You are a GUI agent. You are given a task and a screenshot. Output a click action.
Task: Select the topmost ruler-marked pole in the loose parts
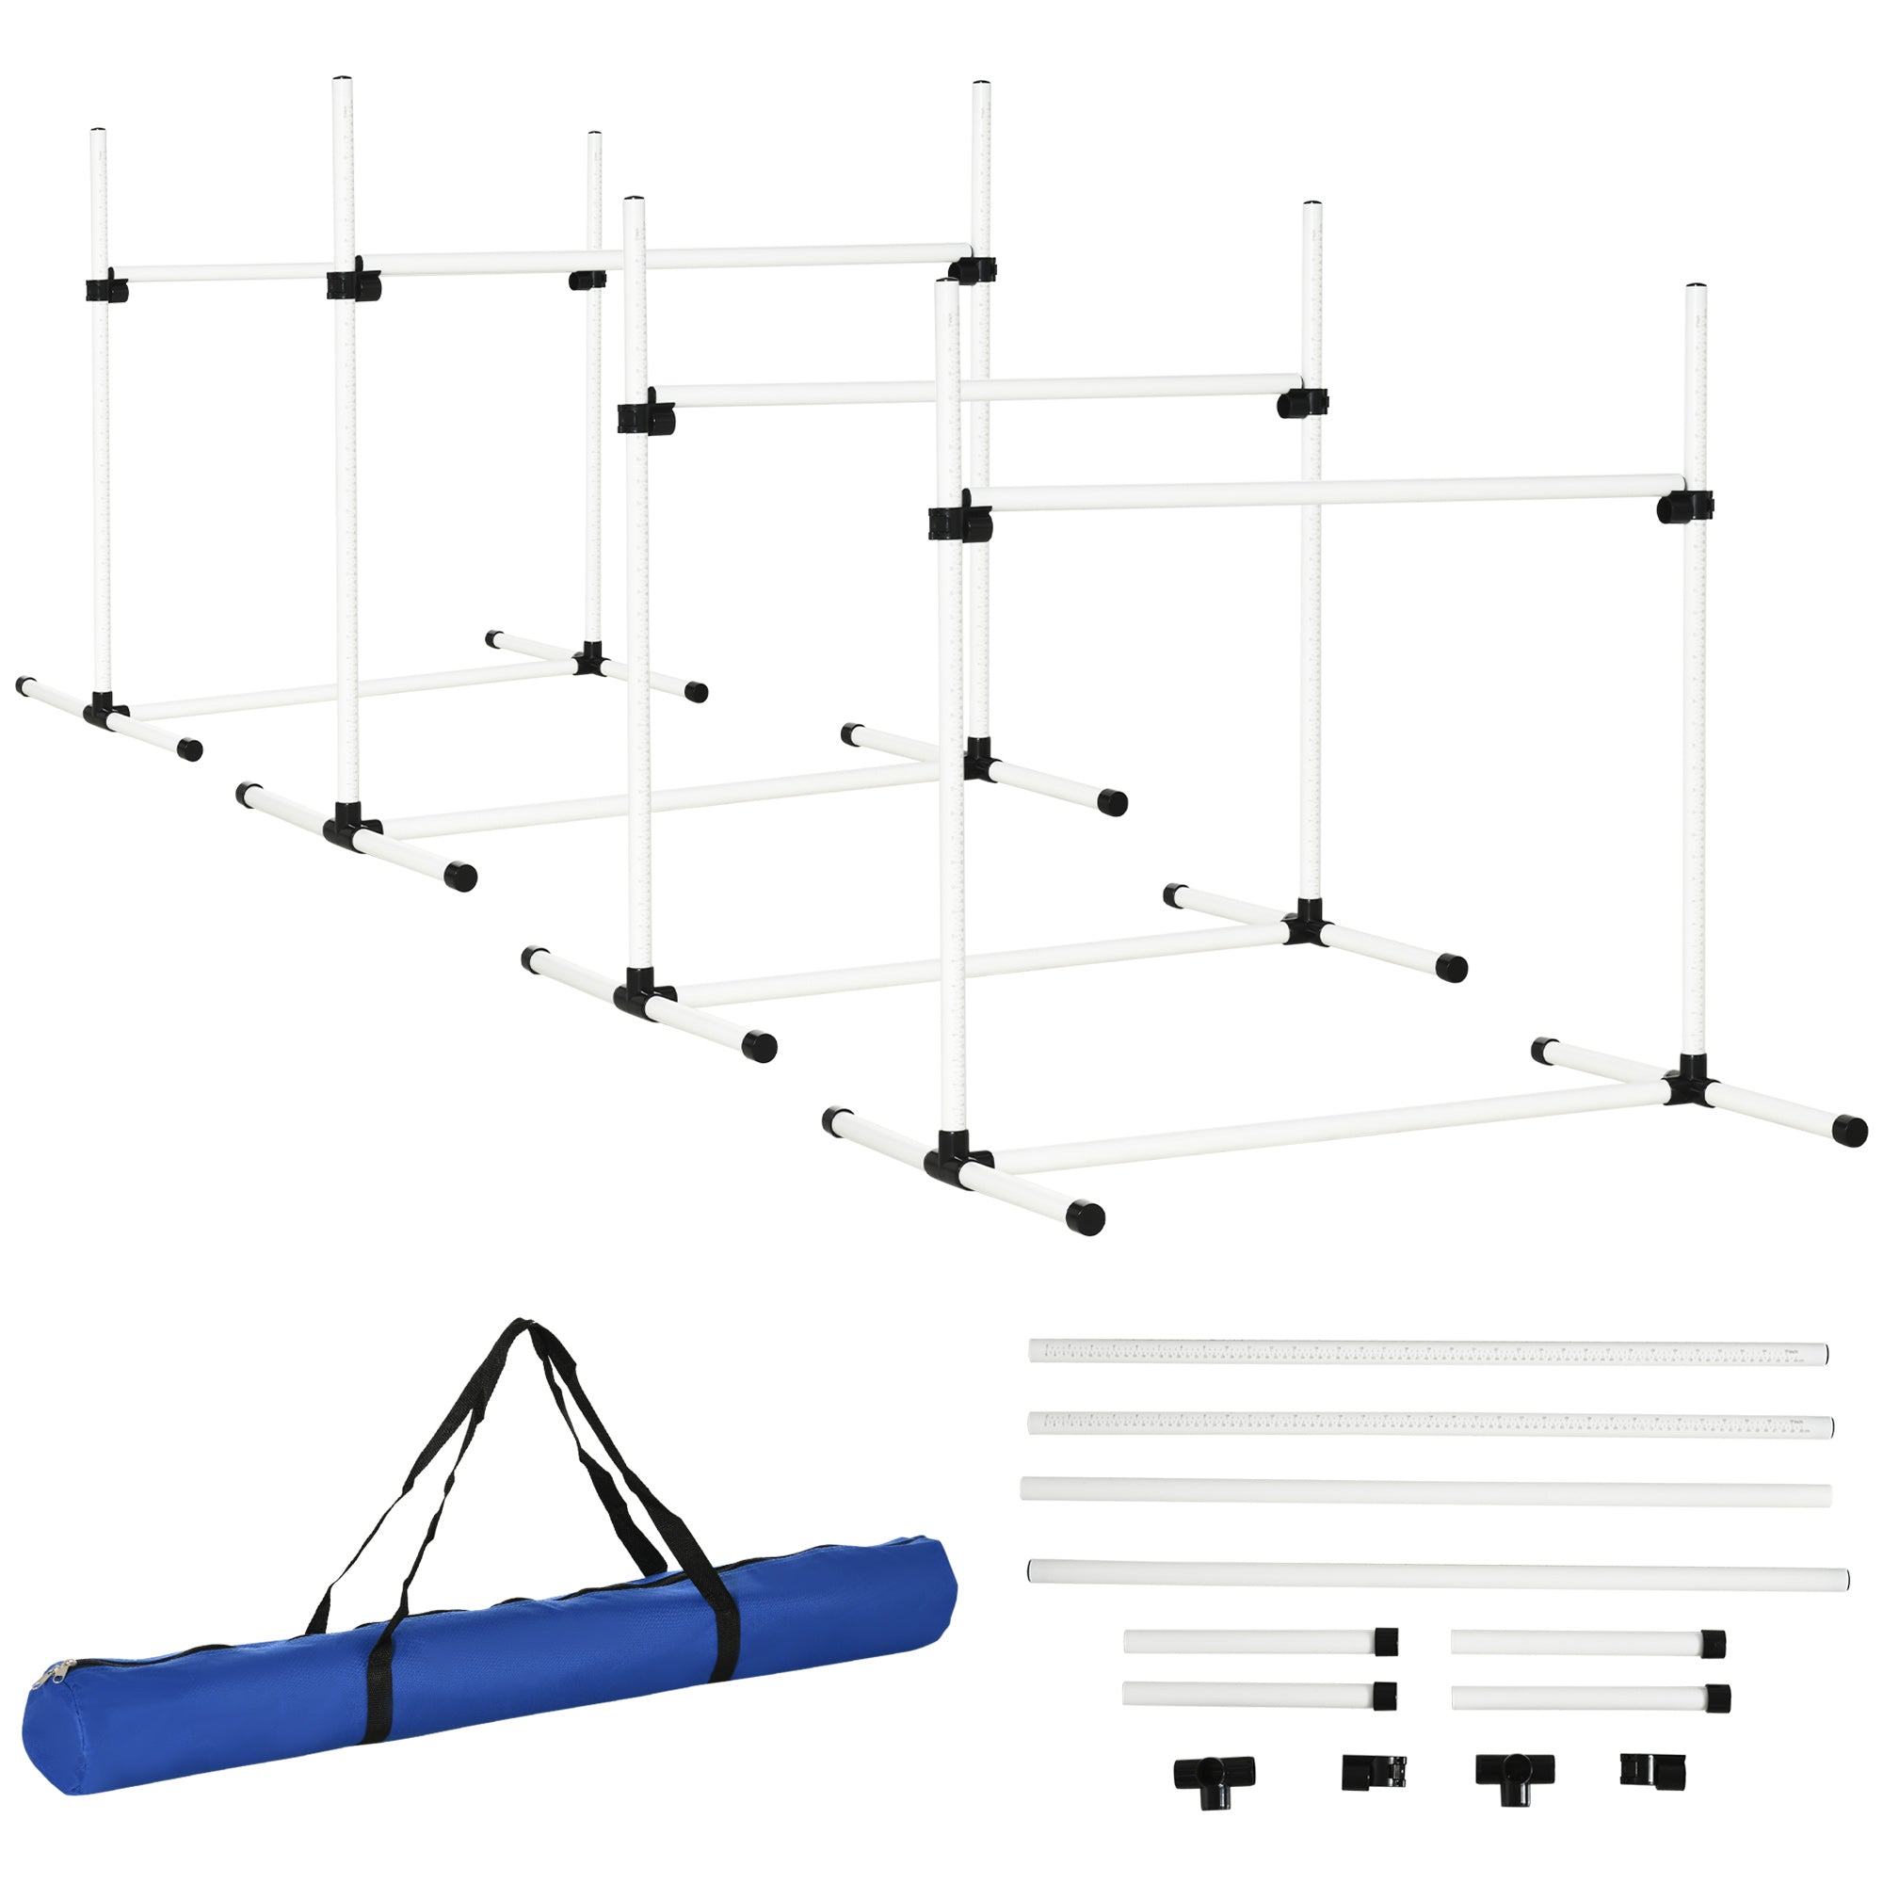(1427, 1352)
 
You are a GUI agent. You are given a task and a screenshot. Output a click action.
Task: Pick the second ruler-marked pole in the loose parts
(1429, 1424)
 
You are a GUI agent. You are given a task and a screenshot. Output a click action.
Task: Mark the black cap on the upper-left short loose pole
(1386, 1640)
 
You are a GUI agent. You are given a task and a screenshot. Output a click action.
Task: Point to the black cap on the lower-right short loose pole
(1717, 1698)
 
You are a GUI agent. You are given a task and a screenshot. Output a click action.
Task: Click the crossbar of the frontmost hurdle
(1326, 493)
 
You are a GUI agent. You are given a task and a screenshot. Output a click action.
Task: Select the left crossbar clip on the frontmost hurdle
(959, 522)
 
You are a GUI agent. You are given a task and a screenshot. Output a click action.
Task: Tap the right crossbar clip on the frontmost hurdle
(1684, 506)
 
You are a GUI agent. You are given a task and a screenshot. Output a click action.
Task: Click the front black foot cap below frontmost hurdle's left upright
(1084, 1218)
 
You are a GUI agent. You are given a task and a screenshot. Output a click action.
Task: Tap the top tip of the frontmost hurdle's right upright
(1697, 289)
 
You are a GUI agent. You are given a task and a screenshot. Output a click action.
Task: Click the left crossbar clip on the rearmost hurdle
(105, 289)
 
